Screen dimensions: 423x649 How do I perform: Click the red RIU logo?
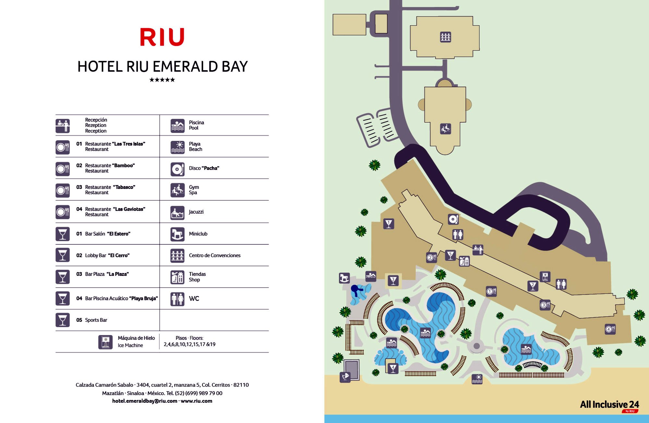(162, 37)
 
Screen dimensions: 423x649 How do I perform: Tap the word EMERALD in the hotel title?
(185, 67)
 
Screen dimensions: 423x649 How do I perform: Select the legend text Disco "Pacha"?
(204, 168)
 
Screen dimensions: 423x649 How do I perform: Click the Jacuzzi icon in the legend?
(178, 213)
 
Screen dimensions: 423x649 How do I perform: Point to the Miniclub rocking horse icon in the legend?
(178, 234)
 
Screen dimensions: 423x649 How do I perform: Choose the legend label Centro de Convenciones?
(214, 255)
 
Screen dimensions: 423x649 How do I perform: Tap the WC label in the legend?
(194, 299)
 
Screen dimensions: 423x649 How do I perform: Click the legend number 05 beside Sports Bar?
(79, 320)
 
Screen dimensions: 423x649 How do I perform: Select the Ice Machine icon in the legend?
(105, 342)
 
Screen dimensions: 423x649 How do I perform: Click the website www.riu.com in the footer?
(196, 401)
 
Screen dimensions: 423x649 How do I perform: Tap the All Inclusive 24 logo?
(609, 405)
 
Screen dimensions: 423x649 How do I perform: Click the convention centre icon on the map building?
(446, 37)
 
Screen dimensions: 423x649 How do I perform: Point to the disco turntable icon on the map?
(453, 219)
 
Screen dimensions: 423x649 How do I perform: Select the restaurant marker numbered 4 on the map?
(610, 329)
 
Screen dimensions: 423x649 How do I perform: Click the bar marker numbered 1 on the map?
(389, 224)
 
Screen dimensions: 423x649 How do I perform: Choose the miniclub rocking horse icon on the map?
(344, 278)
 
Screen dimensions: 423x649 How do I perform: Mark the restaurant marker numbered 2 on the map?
(431, 257)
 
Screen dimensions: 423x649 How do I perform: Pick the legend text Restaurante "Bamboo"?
(110, 166)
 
